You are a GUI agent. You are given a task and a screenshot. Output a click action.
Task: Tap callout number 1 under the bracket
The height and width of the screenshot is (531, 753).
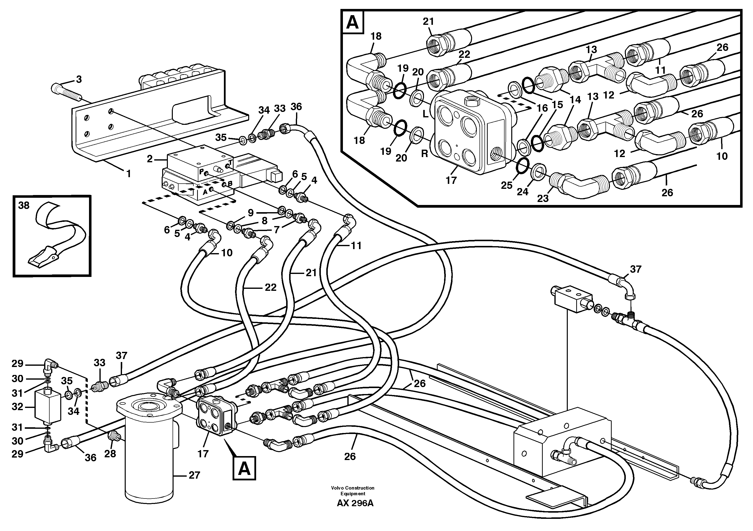pyautogui.click(x=129, y=174)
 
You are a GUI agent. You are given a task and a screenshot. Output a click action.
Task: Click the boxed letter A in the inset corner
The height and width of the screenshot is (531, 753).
pyautogui.click(x=353, y=22)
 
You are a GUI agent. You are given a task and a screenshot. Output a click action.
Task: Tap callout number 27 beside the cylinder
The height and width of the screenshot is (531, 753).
pyautogui.click(x=194, y=475)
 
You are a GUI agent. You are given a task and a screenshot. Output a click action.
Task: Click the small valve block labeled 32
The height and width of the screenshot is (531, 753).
pyautogui.click(x=48, y=406)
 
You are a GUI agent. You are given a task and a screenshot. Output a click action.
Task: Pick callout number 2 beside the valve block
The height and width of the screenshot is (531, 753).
pyautogui.click(x=150, y=159)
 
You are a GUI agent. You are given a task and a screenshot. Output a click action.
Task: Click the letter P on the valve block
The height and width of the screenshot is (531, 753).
pyautogui.click(x=201, y=171)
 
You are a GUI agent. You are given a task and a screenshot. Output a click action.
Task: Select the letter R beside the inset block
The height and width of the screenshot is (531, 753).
pyautogui.click(x=424, y=154)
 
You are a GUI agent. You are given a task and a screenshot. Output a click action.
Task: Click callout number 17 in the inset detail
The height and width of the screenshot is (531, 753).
pyautogui.click(x=451, y=180)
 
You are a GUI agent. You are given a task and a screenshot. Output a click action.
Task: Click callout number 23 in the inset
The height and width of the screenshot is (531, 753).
pyautogui.click(x=543, y=199)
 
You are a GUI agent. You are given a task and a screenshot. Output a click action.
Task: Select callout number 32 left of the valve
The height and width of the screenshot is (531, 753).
pyautogui.click(x=17, y=407)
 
